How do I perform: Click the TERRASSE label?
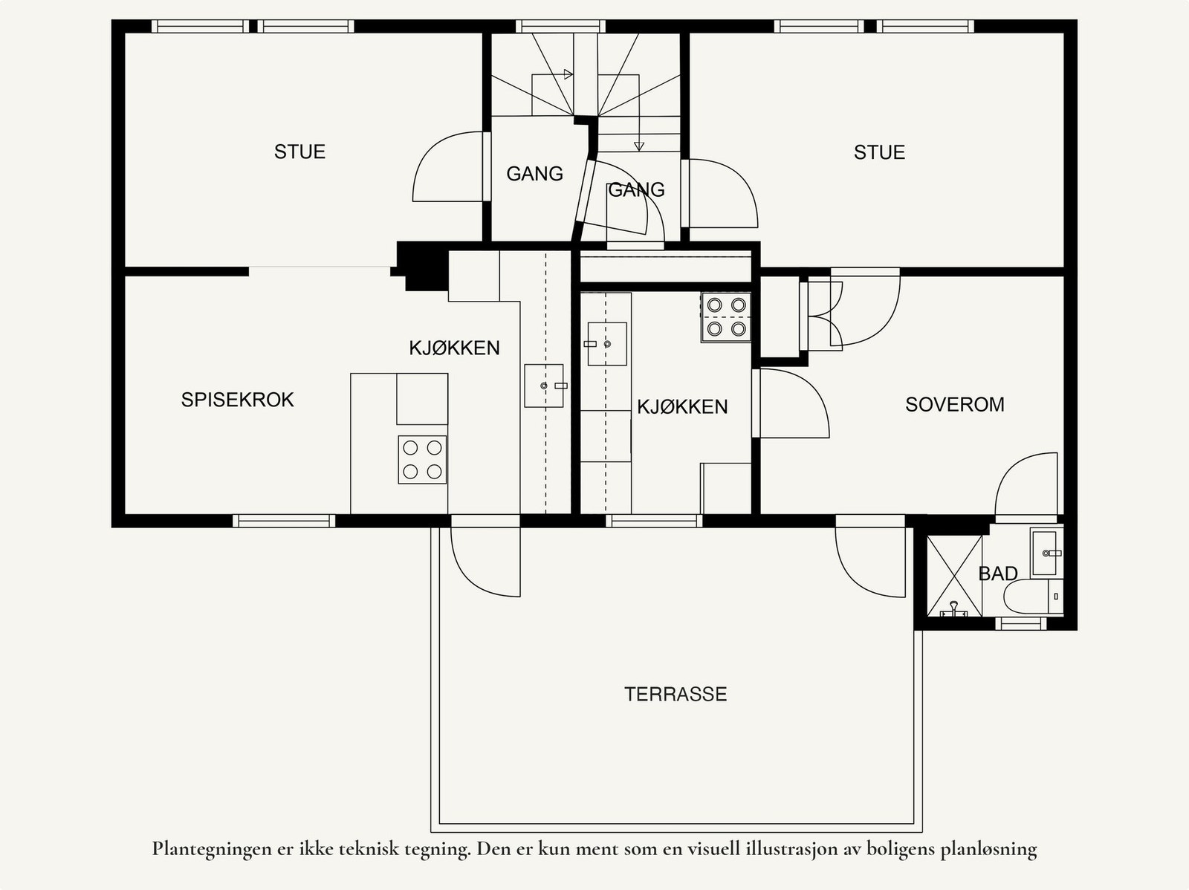coord(675,694)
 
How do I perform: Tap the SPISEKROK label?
coord(237,400)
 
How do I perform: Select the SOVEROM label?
coord(954,404)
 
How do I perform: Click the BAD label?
coord(997,574)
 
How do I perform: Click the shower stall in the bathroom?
coord(954,576)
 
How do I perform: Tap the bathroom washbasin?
coord(1046,553)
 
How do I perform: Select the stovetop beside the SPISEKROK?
coord(422,459)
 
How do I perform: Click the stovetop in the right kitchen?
coord(726,316)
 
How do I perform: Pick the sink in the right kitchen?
coord(606,344)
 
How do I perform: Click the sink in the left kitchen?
coord(544,386)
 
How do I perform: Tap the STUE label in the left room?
coord(299,152)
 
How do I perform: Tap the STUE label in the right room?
coord(879,152)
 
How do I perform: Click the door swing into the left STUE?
coord(446,167)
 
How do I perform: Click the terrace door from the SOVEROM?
coord(869,559)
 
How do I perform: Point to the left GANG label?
coord(534,174)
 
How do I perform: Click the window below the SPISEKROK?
coord(284,521)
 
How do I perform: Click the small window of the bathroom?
coord(1020,623)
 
